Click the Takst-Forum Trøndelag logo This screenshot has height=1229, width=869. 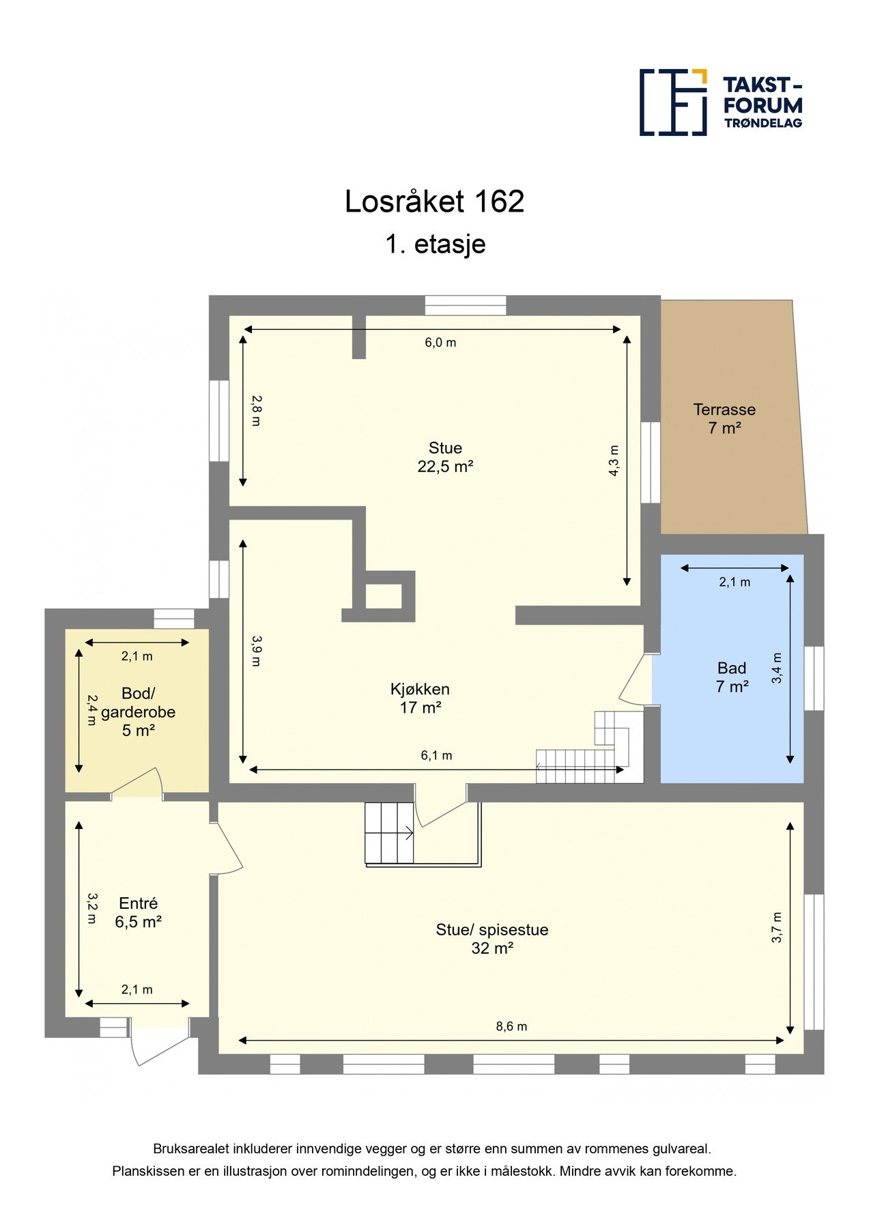[x=720, y=102]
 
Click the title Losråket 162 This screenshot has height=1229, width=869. [x=434, y=201]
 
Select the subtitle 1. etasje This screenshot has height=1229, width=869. [x=435, y=244]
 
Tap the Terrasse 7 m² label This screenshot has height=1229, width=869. [x=724, y=419]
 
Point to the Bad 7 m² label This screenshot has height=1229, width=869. [x=731, y=677]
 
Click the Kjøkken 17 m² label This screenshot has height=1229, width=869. [x=420, y=698]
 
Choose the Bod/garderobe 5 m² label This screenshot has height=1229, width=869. [x=138, y=711]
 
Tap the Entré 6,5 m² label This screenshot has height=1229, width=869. [x=138, y=912]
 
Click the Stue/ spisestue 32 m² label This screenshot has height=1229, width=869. [x=492, y=938]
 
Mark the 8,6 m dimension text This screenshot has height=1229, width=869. [x=511, y=1026]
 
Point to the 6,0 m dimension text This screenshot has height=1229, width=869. [x=440, y=343]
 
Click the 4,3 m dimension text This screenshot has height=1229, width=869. [x=614, y=460]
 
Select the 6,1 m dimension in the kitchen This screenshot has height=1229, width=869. [x=436, y=755]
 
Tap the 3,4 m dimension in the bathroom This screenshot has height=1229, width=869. [x=777, y=669]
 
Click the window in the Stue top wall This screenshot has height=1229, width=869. [x=466, y=305]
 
